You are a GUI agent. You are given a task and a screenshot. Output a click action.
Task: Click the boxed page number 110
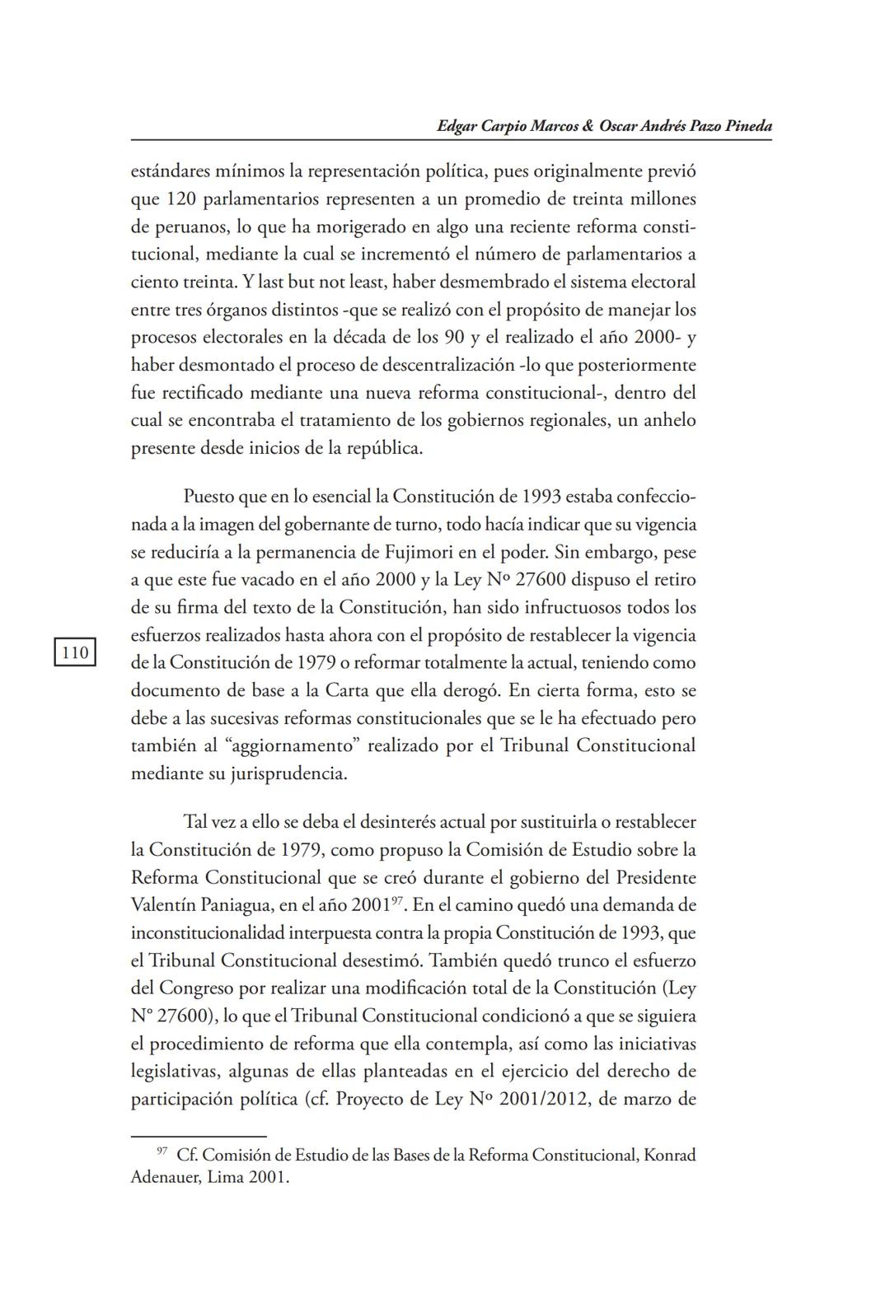point(75,652)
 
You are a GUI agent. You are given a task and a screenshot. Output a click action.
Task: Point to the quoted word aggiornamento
point(294,746)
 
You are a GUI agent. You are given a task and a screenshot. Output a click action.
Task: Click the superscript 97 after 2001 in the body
point(396,899)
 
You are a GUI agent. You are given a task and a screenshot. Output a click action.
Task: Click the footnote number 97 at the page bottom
point(162,1151)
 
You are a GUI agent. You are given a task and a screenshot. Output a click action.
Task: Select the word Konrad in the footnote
point(669,1155)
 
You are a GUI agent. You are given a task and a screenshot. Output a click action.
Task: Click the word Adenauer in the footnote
point(165,1177)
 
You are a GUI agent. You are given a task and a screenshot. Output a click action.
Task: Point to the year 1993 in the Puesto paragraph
point(544,497)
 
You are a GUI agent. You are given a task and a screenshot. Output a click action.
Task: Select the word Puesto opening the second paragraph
point(209,497)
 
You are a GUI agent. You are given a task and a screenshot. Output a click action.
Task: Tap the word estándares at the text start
point(171,172)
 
